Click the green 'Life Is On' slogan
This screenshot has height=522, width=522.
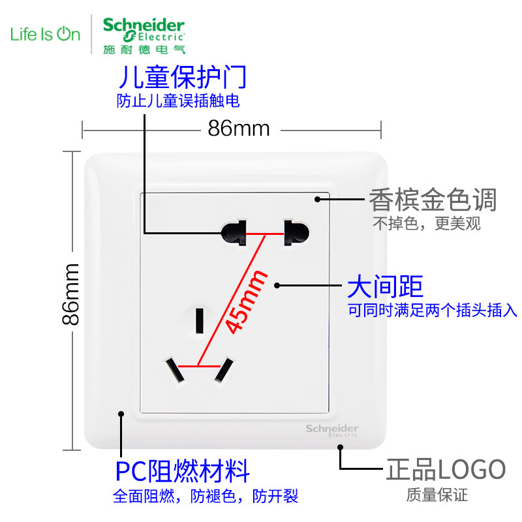pyautogui.click(x=45, y=33)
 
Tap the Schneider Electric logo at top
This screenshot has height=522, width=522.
pyautogui.click(x=144, y=33)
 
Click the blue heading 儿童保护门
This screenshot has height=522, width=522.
pyautogui.click(x=182, y=78)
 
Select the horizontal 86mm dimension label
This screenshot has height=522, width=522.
pyautogui.click(x=239, y=129)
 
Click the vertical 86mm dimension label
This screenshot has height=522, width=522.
pyautogui.click(x=70, y=294)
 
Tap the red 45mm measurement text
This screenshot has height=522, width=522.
pyautogui.click(x=247, y=301)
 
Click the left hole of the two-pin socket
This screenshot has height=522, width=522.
pyautogui.click(x=234, y=231)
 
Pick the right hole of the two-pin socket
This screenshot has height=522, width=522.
pyautogui.click(x=295, y=232)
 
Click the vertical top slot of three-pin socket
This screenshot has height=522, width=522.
pyautogui.click(x=200, y=318)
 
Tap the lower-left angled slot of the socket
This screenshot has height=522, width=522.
pyautogui.click(x=174, y=370)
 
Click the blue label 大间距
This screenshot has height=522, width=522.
pyautogui.click(x=385, y=285)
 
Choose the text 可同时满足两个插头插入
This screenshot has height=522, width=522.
pyautogui.click(x=432, y=311)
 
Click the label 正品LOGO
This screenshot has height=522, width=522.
pyautogui.click(x=446, y=469)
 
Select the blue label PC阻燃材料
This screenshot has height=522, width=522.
pyautogui.click(x=183, y=470)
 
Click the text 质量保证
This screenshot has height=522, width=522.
pyautogui.click(x=437, y=495)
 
